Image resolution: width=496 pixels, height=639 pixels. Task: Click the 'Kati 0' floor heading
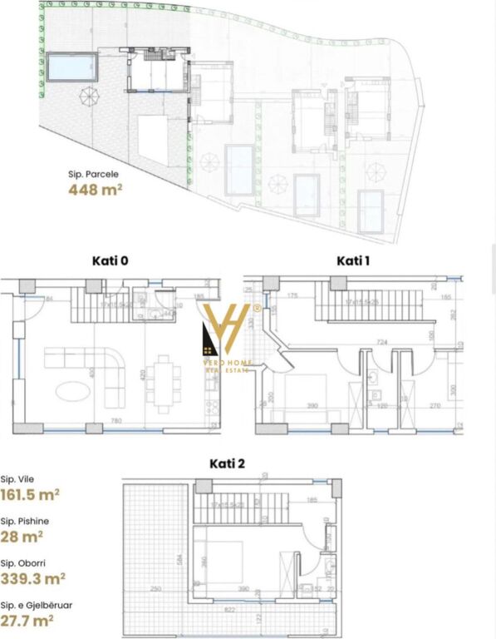click(110, 261)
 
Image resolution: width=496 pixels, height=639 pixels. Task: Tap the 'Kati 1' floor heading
click(354, 261)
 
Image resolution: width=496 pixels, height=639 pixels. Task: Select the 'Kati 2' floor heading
click(227, 463)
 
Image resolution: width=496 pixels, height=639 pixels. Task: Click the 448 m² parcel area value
click(96, 190)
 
